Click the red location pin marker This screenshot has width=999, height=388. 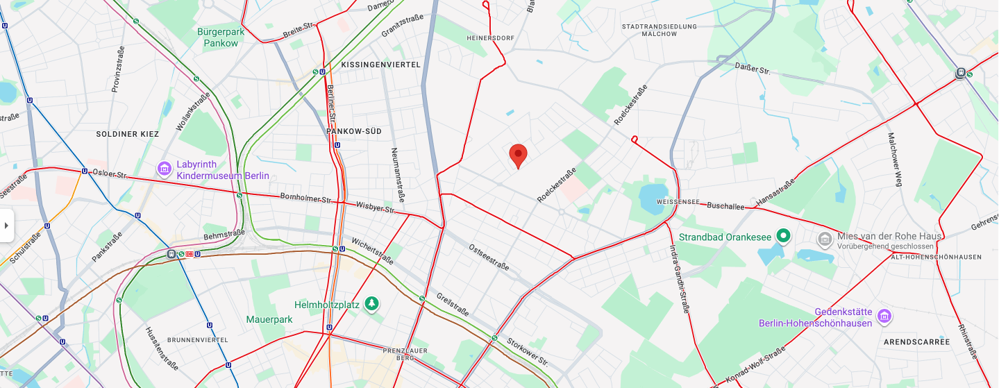(x=518, y=155)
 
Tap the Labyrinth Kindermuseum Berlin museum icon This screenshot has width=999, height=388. (x=165, y=169)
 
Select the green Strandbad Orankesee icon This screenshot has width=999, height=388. (x=784, y=237)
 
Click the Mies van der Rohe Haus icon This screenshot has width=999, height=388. (x=825, y=240)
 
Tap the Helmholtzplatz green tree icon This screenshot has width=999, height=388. (x=373, y=304)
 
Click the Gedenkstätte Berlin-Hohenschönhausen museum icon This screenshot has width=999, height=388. (x=884, y=317)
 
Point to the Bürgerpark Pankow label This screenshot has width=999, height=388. (x=221, y=37)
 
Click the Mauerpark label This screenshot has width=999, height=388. (x=269, y=319)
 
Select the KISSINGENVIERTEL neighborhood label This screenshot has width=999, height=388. (x=380, y=64)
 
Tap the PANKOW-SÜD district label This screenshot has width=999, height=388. (x=353, y=131)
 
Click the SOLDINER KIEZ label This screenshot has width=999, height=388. (x=127, y=134)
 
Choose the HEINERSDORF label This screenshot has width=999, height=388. (x=489, y=37)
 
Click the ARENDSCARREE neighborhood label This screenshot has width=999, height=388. (x=916, y=342)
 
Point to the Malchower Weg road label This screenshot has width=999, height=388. (x=895, y=160)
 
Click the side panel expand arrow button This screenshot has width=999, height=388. (x=6, y=226)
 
